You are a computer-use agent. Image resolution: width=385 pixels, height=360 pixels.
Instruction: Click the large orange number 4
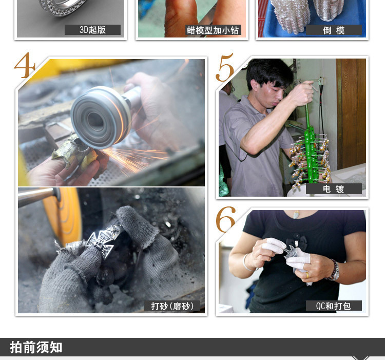(25, 65)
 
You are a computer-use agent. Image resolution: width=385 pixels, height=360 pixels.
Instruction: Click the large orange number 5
(225, 67)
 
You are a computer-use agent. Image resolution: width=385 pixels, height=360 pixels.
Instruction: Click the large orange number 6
(225, 219)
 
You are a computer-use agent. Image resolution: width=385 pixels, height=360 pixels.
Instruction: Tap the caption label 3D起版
(92, 30)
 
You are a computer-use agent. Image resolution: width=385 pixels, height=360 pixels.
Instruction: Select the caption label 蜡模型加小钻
(213, 30)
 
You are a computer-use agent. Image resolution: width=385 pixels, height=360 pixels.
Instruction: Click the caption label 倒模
(334, 30)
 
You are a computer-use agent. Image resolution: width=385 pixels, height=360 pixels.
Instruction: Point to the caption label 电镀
(334, 188)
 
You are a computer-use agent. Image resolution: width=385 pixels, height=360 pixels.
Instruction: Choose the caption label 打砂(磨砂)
(172, 306)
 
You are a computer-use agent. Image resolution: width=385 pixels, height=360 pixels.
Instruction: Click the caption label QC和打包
(334, 306)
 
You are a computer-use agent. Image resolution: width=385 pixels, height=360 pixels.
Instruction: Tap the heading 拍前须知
(36, 347)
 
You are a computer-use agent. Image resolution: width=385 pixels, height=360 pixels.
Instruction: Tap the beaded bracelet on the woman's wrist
(334, 270)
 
